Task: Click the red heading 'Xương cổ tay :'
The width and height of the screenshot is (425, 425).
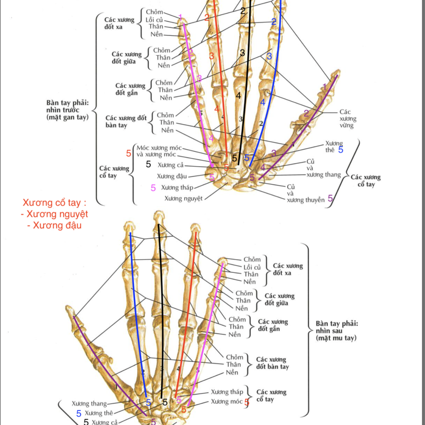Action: [57, 202]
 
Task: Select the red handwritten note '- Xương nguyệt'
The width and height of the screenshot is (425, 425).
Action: [54, 214]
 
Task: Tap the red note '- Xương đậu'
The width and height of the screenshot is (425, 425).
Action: [54, 226]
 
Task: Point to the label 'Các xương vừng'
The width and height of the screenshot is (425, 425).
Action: [348, 119]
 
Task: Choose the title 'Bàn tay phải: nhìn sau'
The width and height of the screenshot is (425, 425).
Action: [337, 331]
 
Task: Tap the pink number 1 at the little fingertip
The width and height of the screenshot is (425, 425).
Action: [180, 17]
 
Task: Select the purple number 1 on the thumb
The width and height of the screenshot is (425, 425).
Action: [325, 87]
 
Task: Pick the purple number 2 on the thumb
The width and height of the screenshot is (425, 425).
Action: [306, 113]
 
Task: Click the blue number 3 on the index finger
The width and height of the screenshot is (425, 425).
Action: [269, 56]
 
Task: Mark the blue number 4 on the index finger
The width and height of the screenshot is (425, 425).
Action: [263, 102]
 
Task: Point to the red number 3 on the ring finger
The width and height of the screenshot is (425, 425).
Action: [211, 56]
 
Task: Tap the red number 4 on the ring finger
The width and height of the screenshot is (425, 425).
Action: [217, 109]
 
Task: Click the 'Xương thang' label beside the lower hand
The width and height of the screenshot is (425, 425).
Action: [89, 404]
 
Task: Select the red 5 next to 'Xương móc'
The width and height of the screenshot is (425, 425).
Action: [246, 402]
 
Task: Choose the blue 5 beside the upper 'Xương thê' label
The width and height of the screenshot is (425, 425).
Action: [340, 150]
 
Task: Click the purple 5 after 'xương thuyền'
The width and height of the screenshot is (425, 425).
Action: [330, 198]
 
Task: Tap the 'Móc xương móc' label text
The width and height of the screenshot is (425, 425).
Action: [159, 148]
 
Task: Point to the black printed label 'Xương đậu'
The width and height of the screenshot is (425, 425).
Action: [171, 176]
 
